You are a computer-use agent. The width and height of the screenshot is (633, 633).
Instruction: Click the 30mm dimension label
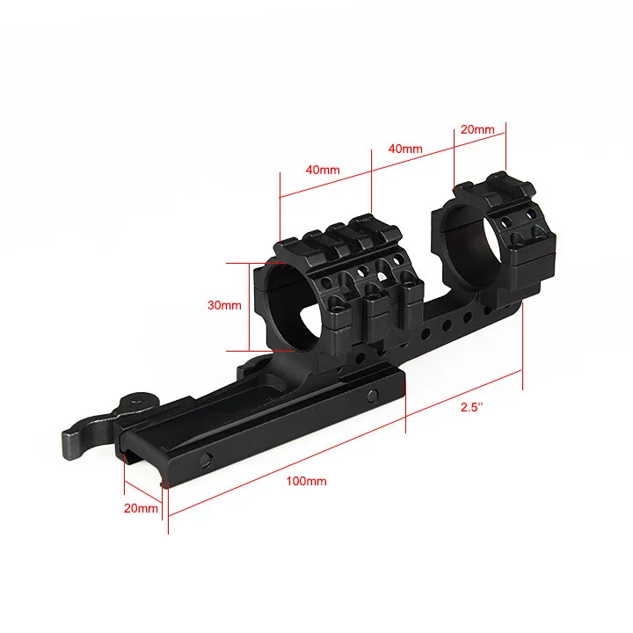tap(223, 305)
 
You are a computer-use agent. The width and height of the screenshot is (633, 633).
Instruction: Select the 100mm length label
tap(306, 481)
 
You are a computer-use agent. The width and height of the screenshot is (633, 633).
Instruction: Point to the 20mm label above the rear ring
tap(477, 129)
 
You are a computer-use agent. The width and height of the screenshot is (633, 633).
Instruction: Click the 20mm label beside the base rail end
tap(141, 508)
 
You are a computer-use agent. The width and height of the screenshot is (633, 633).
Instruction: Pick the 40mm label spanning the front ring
tap(323, 170)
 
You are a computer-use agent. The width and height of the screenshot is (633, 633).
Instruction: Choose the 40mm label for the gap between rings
tap(404, 149)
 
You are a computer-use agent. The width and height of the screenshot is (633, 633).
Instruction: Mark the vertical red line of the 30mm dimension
tap(248, 306)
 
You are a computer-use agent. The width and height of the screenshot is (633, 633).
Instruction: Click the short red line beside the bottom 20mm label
tap(143, 494)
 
